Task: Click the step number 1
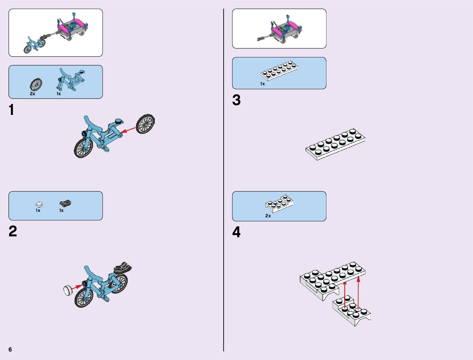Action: coord(11,110)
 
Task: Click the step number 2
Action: coord(13,232)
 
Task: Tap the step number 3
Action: coord(236,100)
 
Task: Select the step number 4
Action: coord(236,232)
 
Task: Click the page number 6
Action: coord(10,350)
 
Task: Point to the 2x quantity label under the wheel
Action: coord(32,94)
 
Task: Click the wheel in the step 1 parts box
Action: coord(36,84)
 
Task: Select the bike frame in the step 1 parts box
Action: coord(70,79)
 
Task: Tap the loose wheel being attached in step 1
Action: coord(145,124)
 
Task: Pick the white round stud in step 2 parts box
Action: coord(39,204)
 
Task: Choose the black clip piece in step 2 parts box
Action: coord(65,203)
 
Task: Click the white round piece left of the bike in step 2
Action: coord(68,290)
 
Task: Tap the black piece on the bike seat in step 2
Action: coord(123,268)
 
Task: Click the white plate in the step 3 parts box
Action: coord(279,70)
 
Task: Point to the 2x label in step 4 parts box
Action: coord(268,216)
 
